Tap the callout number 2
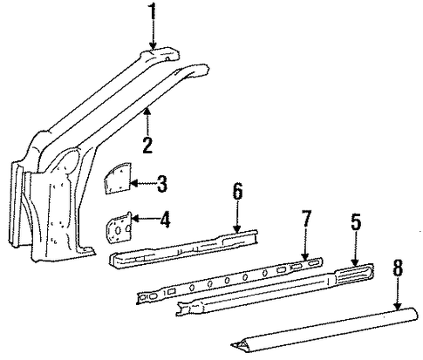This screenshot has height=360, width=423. point(148,146)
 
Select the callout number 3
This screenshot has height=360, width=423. point(162,184)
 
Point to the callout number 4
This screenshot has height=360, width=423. point(164,220)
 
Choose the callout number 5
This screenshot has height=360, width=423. point(356,221)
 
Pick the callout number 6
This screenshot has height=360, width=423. point(237,192)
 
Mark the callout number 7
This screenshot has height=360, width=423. point(306,220)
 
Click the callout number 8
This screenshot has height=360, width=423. point(398,268)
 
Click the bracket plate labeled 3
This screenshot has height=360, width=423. point(118,178)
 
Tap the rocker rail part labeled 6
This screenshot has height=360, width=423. point(184,248)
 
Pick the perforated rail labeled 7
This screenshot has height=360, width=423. point(229,281)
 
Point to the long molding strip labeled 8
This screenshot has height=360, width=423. point(325,330)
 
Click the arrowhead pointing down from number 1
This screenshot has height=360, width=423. point(153,45)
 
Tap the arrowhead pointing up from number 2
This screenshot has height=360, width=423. point(147,111)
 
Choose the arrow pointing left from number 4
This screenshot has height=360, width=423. point(145,219)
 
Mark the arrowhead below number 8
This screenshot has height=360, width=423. point(398,306)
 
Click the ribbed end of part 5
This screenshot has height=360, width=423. point(354,274)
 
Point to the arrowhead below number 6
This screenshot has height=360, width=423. point(238,229)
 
